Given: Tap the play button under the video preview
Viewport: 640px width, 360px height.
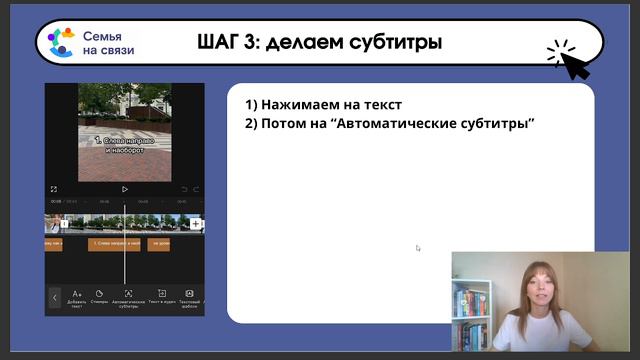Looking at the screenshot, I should click(124, 188).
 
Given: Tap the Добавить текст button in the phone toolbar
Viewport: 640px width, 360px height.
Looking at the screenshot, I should click(77, 297).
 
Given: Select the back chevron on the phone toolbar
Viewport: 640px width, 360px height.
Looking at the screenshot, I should click(55, 297).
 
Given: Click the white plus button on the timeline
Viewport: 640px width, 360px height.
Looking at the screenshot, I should click(196, 224).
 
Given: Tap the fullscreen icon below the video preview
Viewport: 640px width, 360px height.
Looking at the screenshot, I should click(54, 188).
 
